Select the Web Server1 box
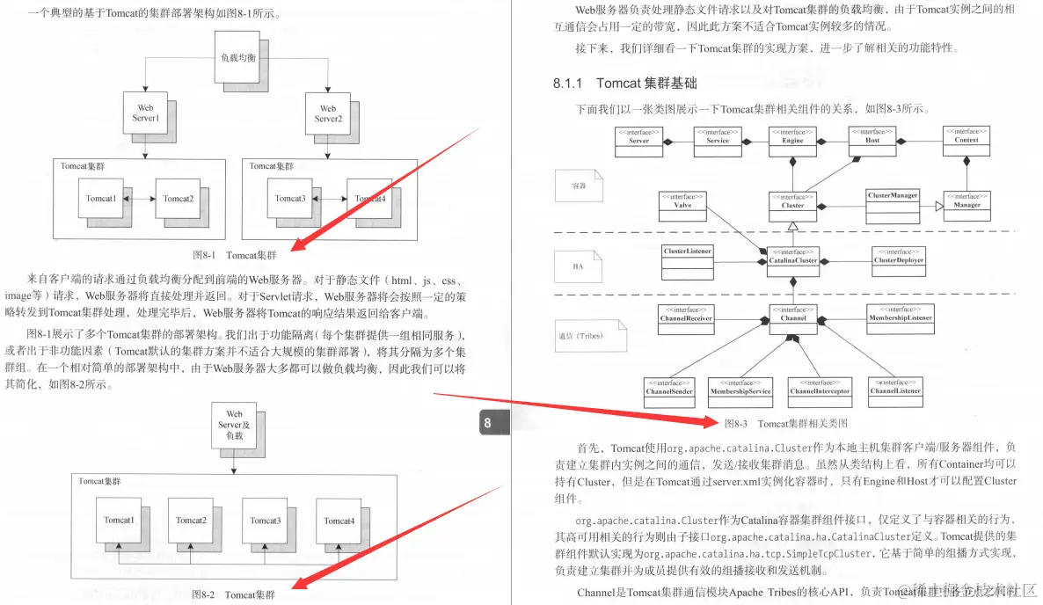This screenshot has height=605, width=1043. click(x=145, y=113)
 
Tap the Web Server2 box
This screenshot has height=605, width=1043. click(x=326, y=113)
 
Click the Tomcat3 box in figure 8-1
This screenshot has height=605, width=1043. click(x=289, y=199)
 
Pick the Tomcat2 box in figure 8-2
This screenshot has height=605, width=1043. click(x=190, y=521)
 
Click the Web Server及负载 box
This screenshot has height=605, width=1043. click(x=234, y=425)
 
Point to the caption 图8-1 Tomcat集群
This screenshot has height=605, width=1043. click(x=234, y=255)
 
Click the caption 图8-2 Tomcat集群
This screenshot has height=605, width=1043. click(x=233, y=594)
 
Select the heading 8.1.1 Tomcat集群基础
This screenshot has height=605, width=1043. click(x=625, y=84)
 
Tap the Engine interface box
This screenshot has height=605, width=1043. click(x=792, y=141)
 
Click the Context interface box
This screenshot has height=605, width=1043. click(x=966, y=141)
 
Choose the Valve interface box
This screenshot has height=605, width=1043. click(x=682, y=205)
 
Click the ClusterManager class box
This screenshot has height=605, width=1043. click(x=893, y=200)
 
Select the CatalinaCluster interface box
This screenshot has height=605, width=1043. click(x=792, y=261)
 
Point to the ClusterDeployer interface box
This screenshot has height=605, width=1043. click(x=898, y=261)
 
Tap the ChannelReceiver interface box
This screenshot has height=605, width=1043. click(x=686, y=318)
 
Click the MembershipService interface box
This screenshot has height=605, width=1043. click(x=740, y=392)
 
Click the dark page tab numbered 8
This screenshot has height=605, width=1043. click(x=491, y=424)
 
